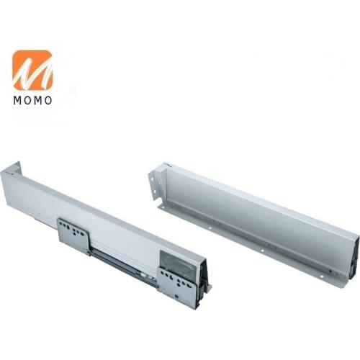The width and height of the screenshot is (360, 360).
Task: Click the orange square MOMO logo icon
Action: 32,70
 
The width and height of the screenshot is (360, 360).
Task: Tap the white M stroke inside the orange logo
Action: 32,71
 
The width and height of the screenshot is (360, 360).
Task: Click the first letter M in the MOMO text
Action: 17,100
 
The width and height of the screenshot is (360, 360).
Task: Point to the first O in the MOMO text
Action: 28,100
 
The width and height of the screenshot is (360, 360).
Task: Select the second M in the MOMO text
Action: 38,100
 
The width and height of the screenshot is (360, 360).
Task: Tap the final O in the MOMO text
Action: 48,100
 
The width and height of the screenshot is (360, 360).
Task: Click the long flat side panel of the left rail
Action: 94,209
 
